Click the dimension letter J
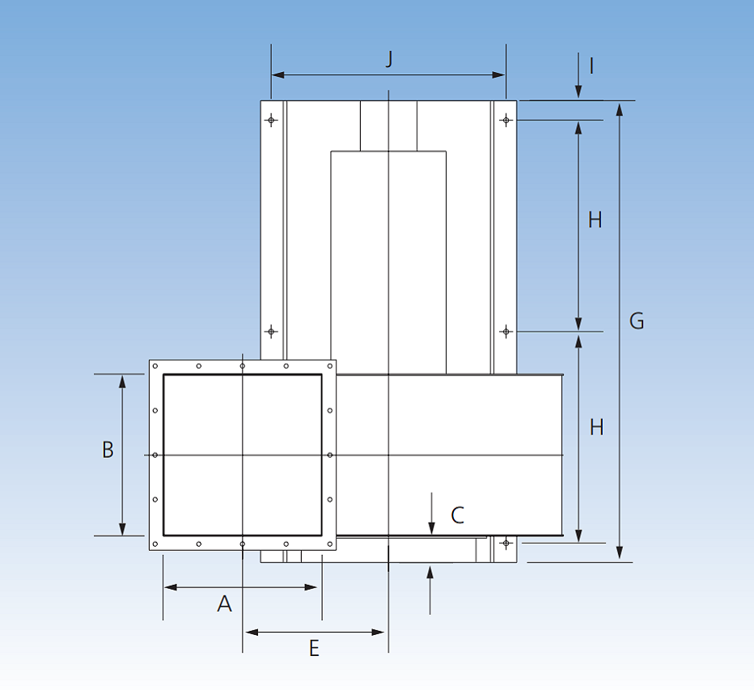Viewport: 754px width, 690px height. point(389,58)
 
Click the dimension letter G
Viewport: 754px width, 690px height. point(637,322)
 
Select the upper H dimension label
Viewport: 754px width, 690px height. point(595,220)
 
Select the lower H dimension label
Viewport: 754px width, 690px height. point(596,427)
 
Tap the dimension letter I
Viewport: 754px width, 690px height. point(592,66)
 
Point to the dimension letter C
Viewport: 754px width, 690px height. point(457,515)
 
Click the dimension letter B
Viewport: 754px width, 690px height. point(108,450)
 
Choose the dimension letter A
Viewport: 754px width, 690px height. point(225,603)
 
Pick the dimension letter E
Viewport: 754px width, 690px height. point(314,648)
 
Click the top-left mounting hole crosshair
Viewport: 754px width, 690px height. point(272,121)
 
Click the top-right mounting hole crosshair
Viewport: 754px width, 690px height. point(506,121)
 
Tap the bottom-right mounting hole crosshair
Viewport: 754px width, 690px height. point(506,543)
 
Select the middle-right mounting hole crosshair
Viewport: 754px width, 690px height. point(506,332)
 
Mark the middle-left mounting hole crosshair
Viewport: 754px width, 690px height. point(272,332)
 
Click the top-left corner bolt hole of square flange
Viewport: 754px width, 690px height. point(155,366)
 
